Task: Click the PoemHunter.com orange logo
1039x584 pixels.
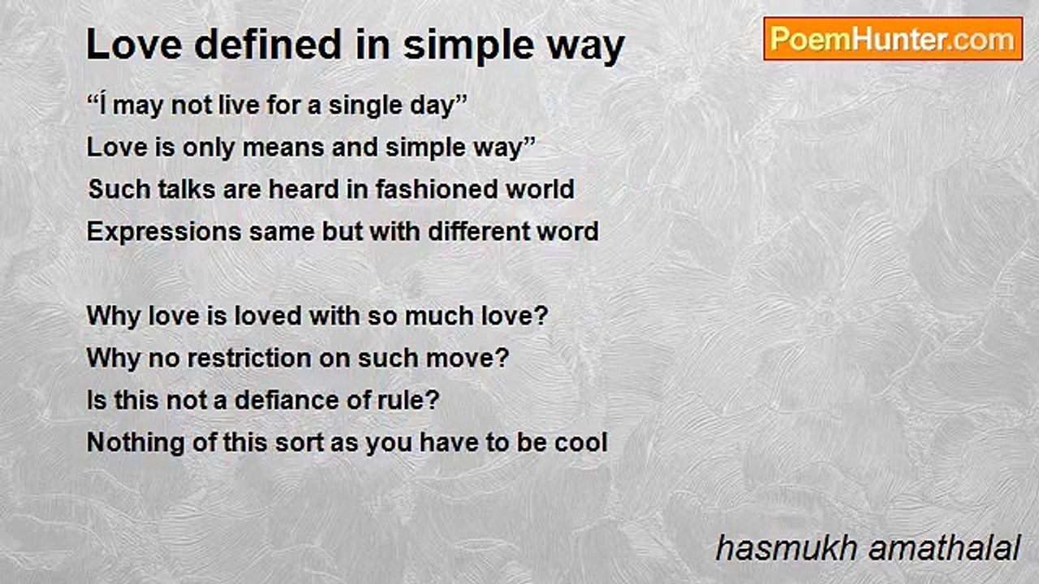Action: (x=893, y=39)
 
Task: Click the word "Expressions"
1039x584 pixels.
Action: (x=164, y=232)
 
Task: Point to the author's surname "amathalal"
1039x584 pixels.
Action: (x=944, y=549)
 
